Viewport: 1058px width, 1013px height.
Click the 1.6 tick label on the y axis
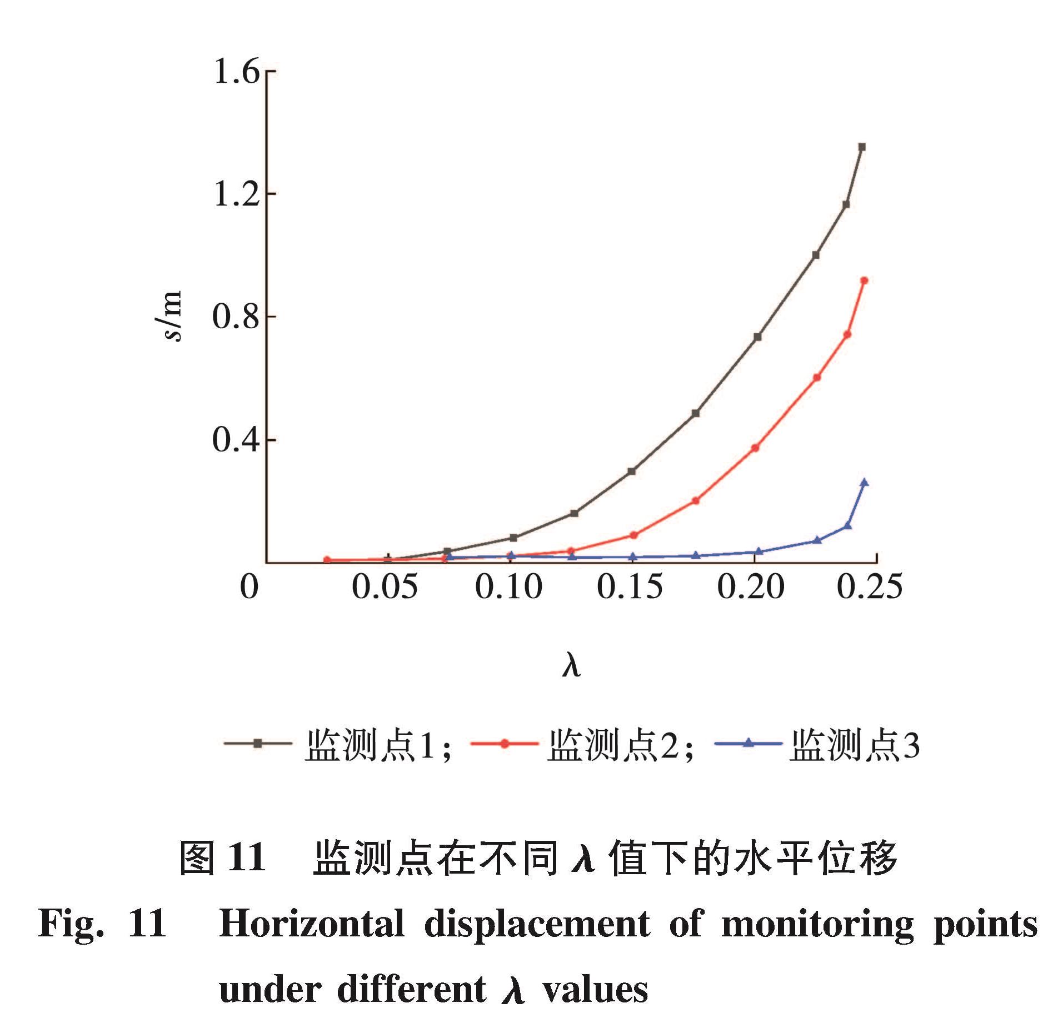[x=237, y=72]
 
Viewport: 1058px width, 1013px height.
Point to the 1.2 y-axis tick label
[x=237, y=194]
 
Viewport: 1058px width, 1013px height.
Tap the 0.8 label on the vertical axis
[x=237, y=317]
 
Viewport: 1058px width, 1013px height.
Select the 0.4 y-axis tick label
[x=237, y=440]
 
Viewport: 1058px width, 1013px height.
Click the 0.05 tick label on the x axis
[x=385, y=586]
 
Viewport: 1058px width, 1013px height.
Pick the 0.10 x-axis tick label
[x=508, y=586]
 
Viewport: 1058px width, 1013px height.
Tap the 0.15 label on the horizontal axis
[x=630, y=586]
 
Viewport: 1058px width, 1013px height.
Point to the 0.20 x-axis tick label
[x=751, y=586]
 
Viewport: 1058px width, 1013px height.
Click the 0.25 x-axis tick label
[x=870, y=586]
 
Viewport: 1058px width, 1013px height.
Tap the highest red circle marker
[x=864, y=280]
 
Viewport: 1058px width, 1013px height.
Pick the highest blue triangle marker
[x=864, y=483]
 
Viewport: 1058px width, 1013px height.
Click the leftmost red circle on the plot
[x=327, y=560]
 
